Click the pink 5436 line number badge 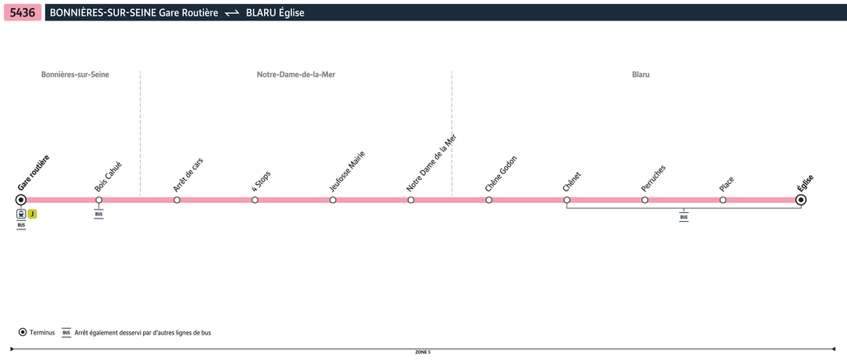coord(23,12)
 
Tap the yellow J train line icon coord(32,214)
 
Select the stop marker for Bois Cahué coord(99,201)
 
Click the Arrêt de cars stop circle coord(177,201)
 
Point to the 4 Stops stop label coord(262,182)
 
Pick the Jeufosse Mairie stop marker coord(333,201)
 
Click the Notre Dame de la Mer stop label coord(432,163)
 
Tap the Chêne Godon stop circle coord(488,201)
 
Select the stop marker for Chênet coord(567,201)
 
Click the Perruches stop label coord(654,178)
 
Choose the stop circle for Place coord(723,201)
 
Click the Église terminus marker coord(801,201)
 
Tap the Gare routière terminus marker coord(21,201)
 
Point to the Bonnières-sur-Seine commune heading coord(75,75)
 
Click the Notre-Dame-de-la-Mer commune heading coord(296,75)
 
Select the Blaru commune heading coord(641,75)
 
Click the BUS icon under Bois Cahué coord(99,215)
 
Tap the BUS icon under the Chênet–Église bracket coord(684,218)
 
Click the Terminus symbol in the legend coord(23,333)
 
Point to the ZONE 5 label coord(423,352)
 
